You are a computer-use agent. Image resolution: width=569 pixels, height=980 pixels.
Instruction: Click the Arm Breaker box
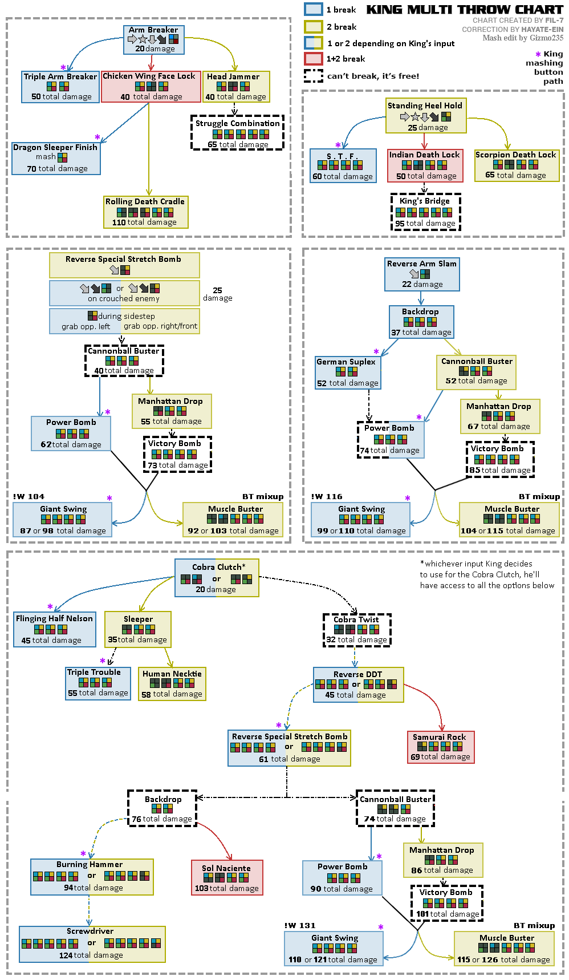point(154,39)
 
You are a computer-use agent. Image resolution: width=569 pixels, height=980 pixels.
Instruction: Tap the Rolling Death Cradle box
point(146,212)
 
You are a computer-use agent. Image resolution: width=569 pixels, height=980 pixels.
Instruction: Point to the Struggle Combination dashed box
point(237,133)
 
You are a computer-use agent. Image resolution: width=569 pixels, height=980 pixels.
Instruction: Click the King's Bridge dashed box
point(425,212)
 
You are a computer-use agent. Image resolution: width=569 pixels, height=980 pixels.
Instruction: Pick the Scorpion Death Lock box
point(516,165)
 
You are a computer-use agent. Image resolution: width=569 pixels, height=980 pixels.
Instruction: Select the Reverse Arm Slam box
point(422,274)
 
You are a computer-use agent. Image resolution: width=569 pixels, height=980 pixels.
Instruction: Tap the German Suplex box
point(348,372)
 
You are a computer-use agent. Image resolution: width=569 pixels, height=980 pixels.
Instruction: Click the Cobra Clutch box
point(217,578)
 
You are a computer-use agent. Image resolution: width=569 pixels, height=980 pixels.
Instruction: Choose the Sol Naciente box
point(227,877)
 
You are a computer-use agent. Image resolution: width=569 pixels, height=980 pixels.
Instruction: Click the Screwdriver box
point(92,944)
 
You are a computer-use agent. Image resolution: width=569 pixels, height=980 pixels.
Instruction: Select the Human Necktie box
point(172,684)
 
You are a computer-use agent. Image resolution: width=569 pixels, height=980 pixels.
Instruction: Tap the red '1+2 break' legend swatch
point(314,59)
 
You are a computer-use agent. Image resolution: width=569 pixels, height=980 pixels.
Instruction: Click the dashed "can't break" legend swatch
point(314,76)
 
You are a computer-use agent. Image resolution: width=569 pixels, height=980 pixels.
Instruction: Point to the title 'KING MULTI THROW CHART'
point(464,10)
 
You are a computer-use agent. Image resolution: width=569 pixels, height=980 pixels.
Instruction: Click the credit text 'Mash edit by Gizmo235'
point(522,38)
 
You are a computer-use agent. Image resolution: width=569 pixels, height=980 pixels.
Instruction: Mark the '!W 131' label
point(300,925)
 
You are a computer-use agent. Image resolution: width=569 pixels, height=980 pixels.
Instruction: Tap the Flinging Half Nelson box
point(55,630)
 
